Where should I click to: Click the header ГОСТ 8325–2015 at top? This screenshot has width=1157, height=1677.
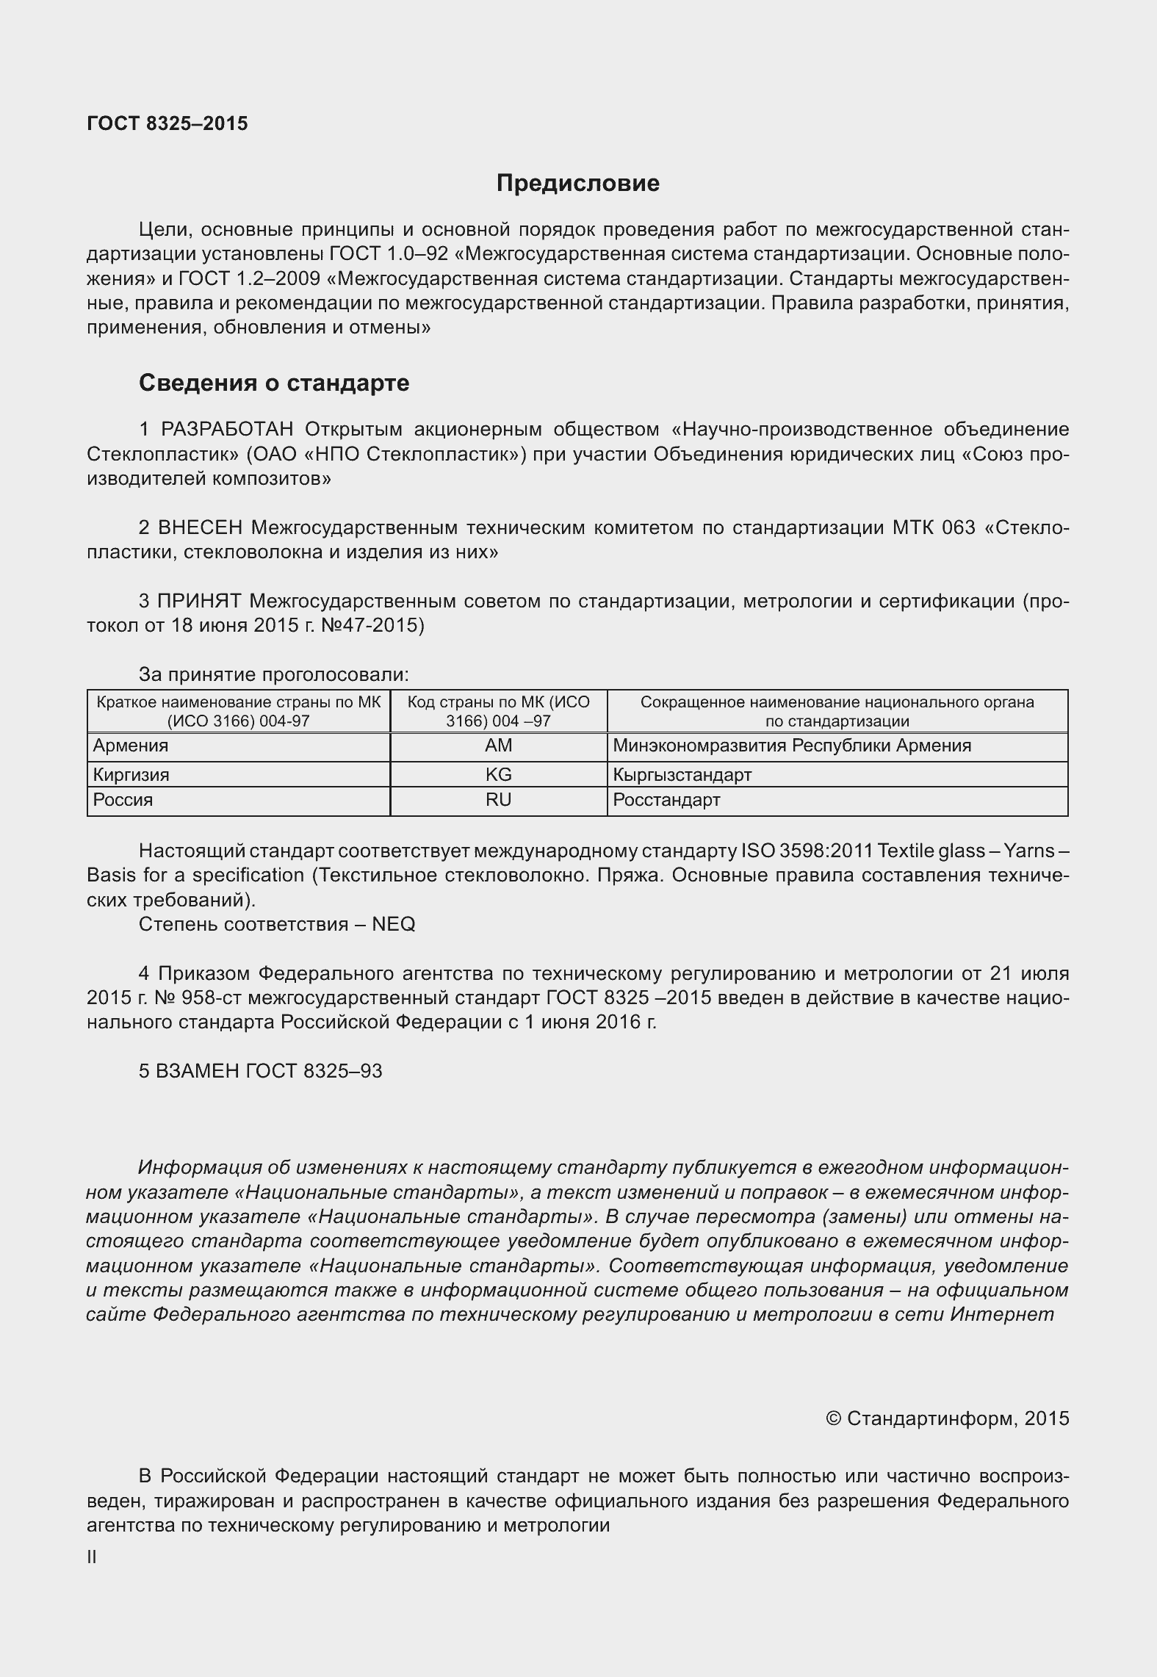[x=167, y=123]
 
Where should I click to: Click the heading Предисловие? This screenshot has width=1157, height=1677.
[x=577, y=183]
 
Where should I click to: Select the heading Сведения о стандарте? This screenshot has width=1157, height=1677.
[x=274, y=383]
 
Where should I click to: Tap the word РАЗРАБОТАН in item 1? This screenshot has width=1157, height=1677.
[x=227, y=429]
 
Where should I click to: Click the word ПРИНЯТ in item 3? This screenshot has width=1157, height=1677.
[x=199, y=601]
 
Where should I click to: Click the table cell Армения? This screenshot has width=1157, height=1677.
[x=131, y=746]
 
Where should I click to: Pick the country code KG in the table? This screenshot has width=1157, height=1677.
[x=498, y=774]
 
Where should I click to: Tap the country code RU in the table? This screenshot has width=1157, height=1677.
[x=498, y=800]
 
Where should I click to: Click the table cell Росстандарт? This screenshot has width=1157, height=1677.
[x=666, y=800]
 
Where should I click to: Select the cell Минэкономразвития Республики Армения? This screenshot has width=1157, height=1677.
[x=792, y=746]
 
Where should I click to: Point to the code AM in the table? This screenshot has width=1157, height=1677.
[x=498, y=746]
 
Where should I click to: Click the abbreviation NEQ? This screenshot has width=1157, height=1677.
[x=394, y=924]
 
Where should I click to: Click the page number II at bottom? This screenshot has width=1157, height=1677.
[x=92, y=1557]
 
